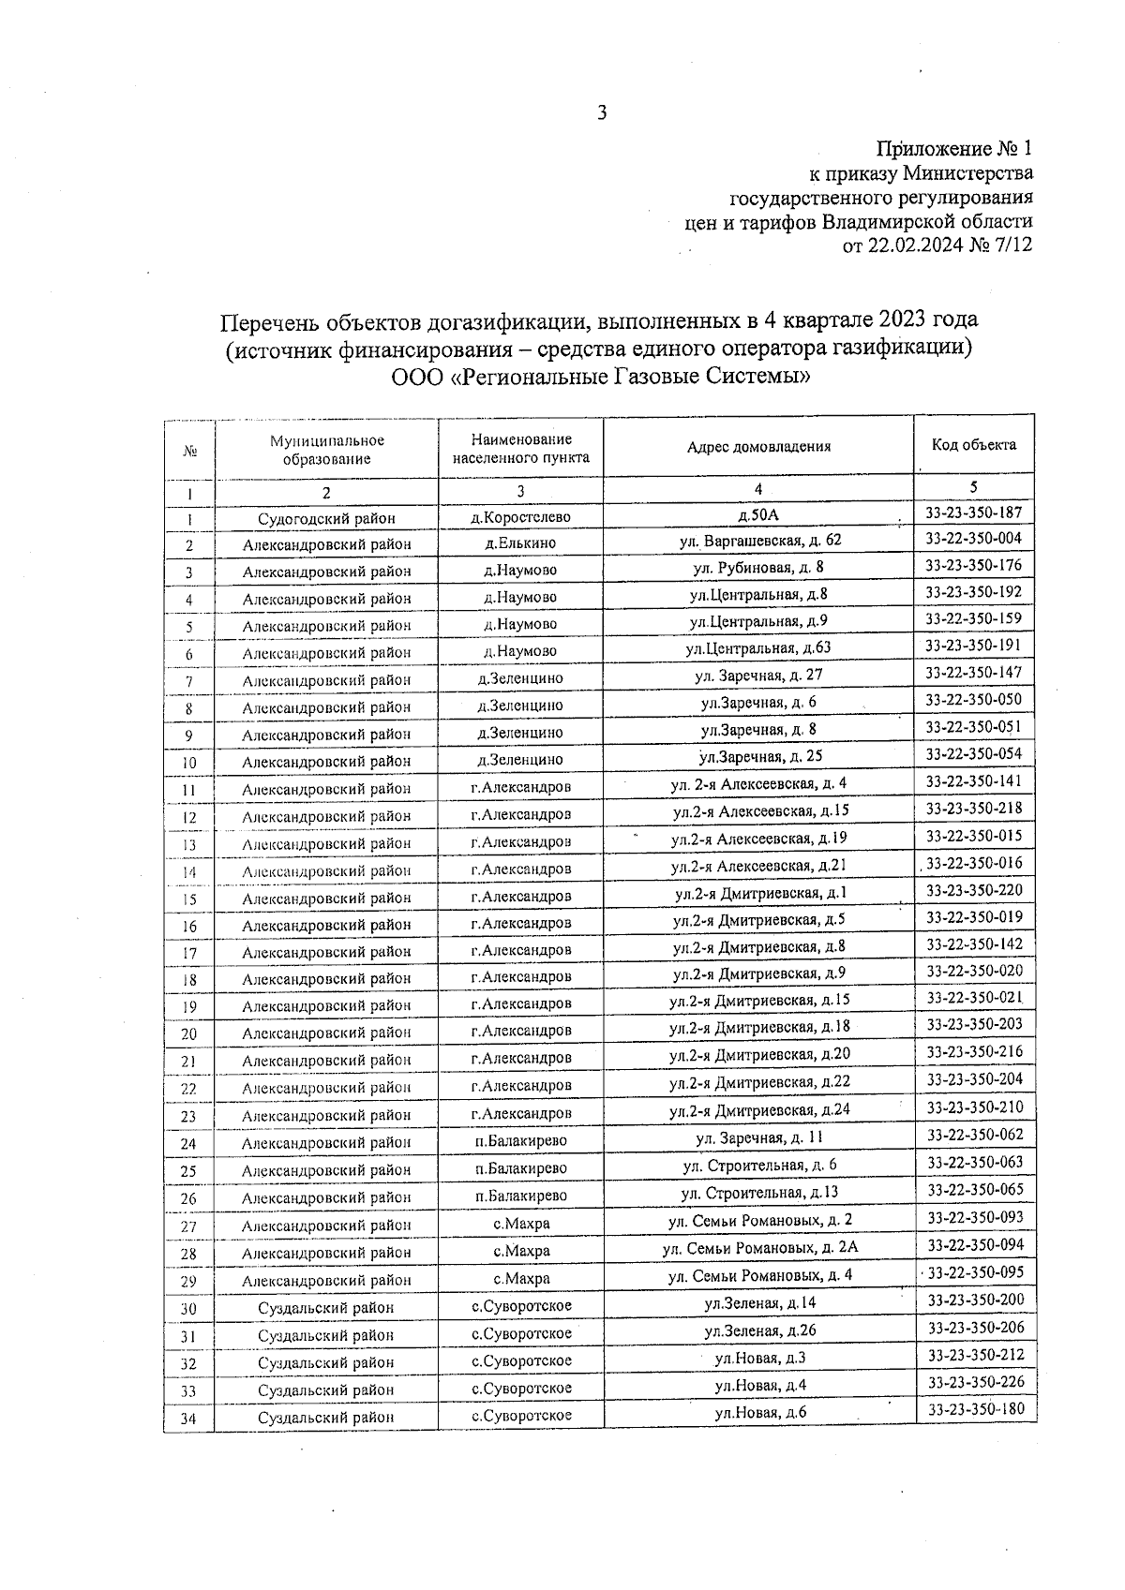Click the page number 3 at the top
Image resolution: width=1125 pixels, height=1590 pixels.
coord(603,114)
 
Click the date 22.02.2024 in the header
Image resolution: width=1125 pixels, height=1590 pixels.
coord(912,246)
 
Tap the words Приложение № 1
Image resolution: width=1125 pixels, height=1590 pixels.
coord(953,149)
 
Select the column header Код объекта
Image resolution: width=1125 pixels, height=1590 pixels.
coord(974,445)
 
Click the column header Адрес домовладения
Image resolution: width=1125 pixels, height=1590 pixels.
coord(758,446)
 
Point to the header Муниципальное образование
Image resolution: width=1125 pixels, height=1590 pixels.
coord(326,450)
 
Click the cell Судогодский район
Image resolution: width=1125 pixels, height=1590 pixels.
coord(326,518)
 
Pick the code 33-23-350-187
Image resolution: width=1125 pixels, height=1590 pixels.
coord(973,513)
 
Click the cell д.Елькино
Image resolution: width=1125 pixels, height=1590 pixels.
coord(520,543)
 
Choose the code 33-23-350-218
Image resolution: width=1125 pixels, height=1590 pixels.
coord(974,809)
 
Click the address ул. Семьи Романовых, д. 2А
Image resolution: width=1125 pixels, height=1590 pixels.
coord(759,1248)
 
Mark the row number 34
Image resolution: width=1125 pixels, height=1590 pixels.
coord(188,1419)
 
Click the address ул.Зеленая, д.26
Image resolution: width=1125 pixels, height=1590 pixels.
coord(759,1330)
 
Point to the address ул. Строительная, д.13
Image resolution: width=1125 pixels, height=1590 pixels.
coord(758,1193)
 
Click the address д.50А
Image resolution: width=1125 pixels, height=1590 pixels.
coord(758,514)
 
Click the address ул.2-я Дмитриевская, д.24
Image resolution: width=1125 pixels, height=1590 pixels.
coord(759,1111)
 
